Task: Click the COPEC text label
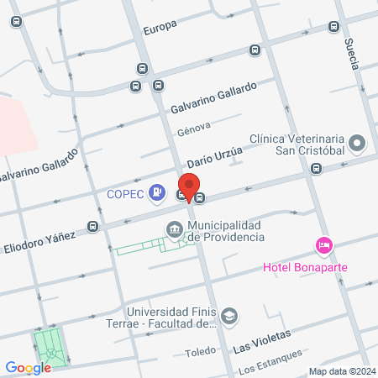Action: coord(126,195)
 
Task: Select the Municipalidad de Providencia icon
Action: coord(175,228)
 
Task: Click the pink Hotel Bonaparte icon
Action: coord(324,245)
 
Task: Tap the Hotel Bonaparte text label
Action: coord(305,267)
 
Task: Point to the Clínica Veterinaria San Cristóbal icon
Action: coord(359,144)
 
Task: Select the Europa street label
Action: coord(160,27)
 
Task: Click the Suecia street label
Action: coord(352,54)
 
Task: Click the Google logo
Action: coord(28,367)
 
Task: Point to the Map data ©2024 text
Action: coord(340,371)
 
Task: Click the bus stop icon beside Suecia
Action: coord(334,26)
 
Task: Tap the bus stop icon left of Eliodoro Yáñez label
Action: coord(92,226)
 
